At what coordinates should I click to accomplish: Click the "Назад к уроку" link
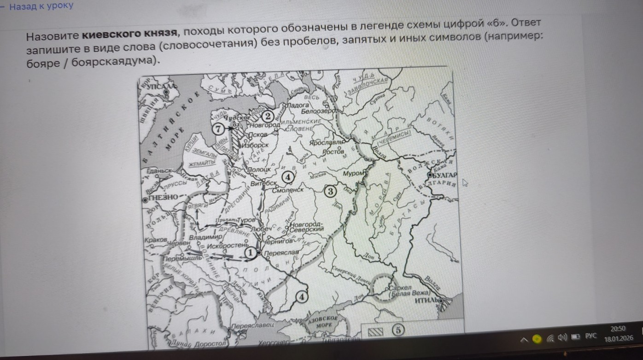pyautogui.click(x=41, y=6)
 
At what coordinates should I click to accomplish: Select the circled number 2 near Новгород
pyautogui.click(x=268, y=116)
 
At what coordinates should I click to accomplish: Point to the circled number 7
pyautogui.click(x=218, y=129)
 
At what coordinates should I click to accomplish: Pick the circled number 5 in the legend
pyautogui.click(x=397, y=330)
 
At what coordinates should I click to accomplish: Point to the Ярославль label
pyautogui.click(x=327, y=143)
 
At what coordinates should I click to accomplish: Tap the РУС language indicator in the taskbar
pyautogui.click(x=591, y=337)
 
